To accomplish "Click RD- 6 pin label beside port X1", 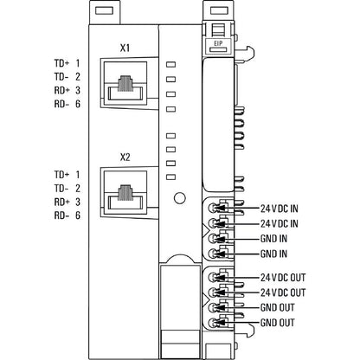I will tap(67, 104).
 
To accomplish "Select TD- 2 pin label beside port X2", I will tap(67, 188).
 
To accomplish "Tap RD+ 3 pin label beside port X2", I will tap(67, 202).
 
